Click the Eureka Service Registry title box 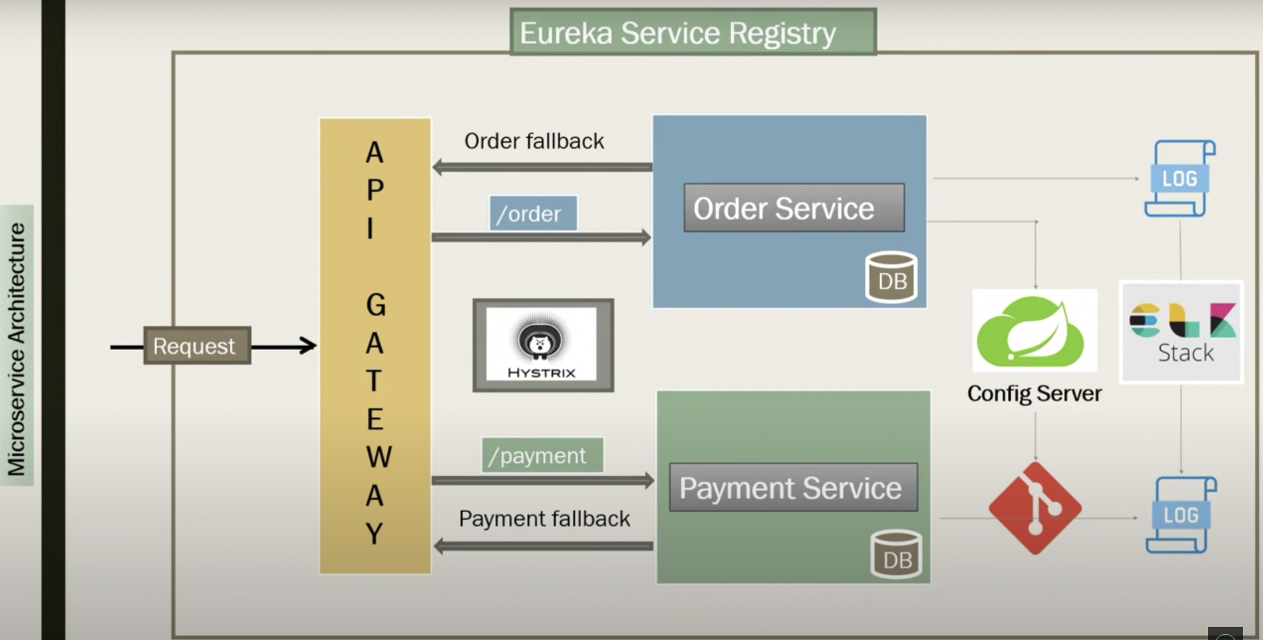point(693,32)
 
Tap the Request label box point(197,345)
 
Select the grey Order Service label point(794,208)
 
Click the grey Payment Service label point(793,487)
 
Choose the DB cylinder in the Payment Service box point(896,554)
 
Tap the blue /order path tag point(533,213)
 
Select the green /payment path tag point(542,455)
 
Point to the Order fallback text point(534,141)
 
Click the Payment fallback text point(544,519)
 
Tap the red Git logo point(1035,508)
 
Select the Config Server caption point(1034,393)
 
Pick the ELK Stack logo point(1181,332)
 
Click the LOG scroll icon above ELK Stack point(1180,178)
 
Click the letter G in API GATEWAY point(376,305)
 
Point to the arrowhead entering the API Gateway point(309,346)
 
